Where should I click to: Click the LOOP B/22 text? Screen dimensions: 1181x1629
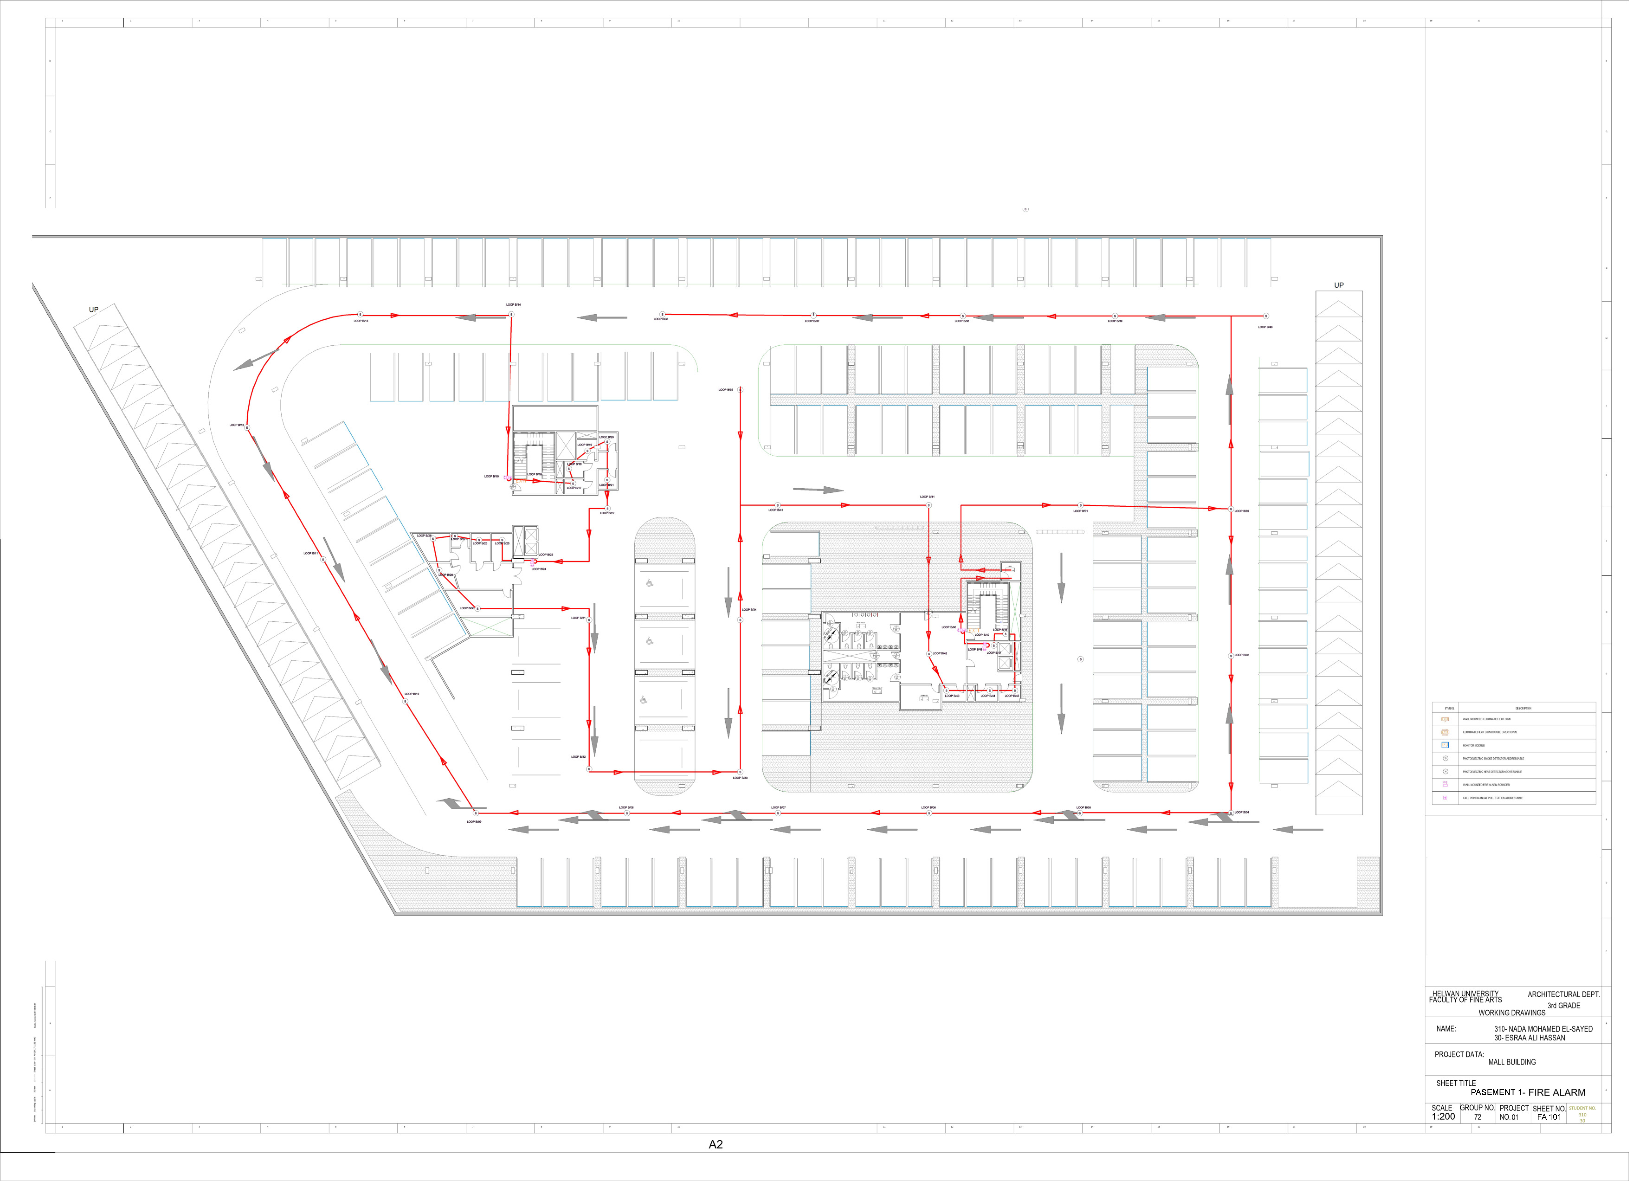click(x=607, y=513)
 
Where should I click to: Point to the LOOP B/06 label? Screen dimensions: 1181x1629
click(x=928, y=808)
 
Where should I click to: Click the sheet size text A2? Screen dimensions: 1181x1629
click(x=715, y=1144)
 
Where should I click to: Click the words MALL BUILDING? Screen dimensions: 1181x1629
click(x=1512, y=1062)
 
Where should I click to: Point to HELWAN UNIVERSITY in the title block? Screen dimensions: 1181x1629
click(x=1465, y=994)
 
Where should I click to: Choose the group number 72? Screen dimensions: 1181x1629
click(x=1478, y=1117)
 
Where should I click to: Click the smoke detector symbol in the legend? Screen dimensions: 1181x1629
click(x=1445, y=758)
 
